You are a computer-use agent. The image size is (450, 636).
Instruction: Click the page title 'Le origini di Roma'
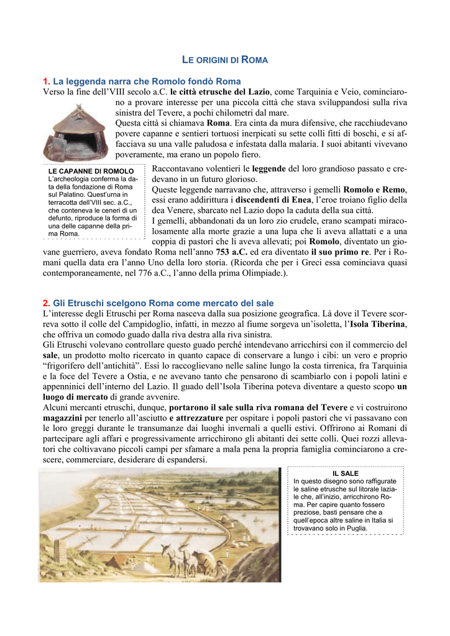(224, 60)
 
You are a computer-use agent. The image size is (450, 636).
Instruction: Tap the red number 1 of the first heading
(45, 81)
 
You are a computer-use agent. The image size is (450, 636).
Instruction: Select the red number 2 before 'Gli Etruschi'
(45, 303)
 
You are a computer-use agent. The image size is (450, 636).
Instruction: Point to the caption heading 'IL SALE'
(349, 473)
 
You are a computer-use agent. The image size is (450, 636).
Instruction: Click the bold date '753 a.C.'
(232, 252)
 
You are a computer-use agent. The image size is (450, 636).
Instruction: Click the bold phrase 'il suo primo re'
(339, 252)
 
